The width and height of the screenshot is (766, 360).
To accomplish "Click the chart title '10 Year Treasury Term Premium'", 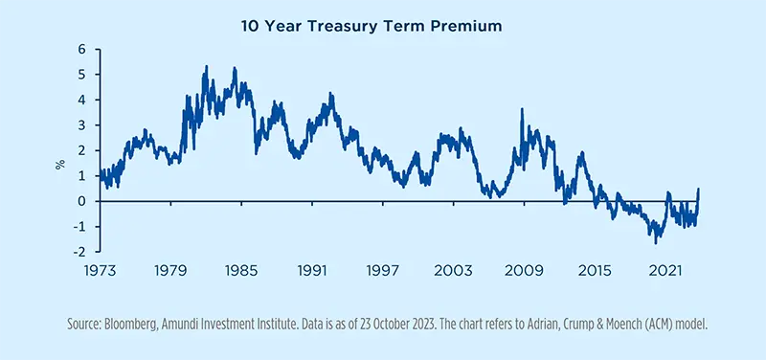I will [x=383, y=27].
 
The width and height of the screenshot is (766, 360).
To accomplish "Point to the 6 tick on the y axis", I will [x=81, y=49].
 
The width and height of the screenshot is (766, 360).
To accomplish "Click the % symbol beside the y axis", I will [x=59, y=165].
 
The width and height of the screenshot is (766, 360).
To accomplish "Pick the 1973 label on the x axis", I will [x=99, y=271].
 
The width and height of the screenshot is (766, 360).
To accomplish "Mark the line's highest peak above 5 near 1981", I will [x=206, y=67].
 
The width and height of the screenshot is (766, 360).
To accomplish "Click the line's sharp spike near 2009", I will [x=522, y=109].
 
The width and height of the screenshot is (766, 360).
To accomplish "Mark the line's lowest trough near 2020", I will [x=656, y=242].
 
